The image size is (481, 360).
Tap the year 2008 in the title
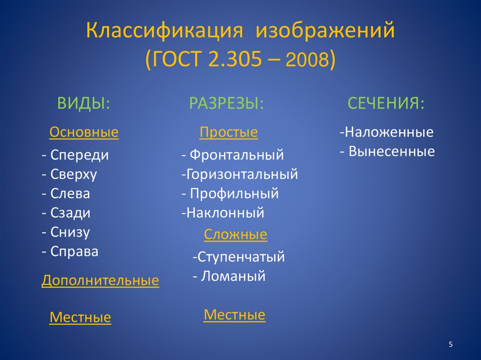point(309,61)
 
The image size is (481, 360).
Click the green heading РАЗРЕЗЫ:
point(226,103)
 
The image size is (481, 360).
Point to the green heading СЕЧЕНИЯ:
point(386,103)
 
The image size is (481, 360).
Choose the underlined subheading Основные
point(84,133)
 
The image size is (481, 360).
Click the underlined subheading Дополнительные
point(100,281)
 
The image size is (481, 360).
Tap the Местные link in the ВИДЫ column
point(80,318)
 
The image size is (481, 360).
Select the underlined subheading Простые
point(229,133)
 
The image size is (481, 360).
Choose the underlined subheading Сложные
point(235,234)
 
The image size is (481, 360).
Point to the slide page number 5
point(451,345)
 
